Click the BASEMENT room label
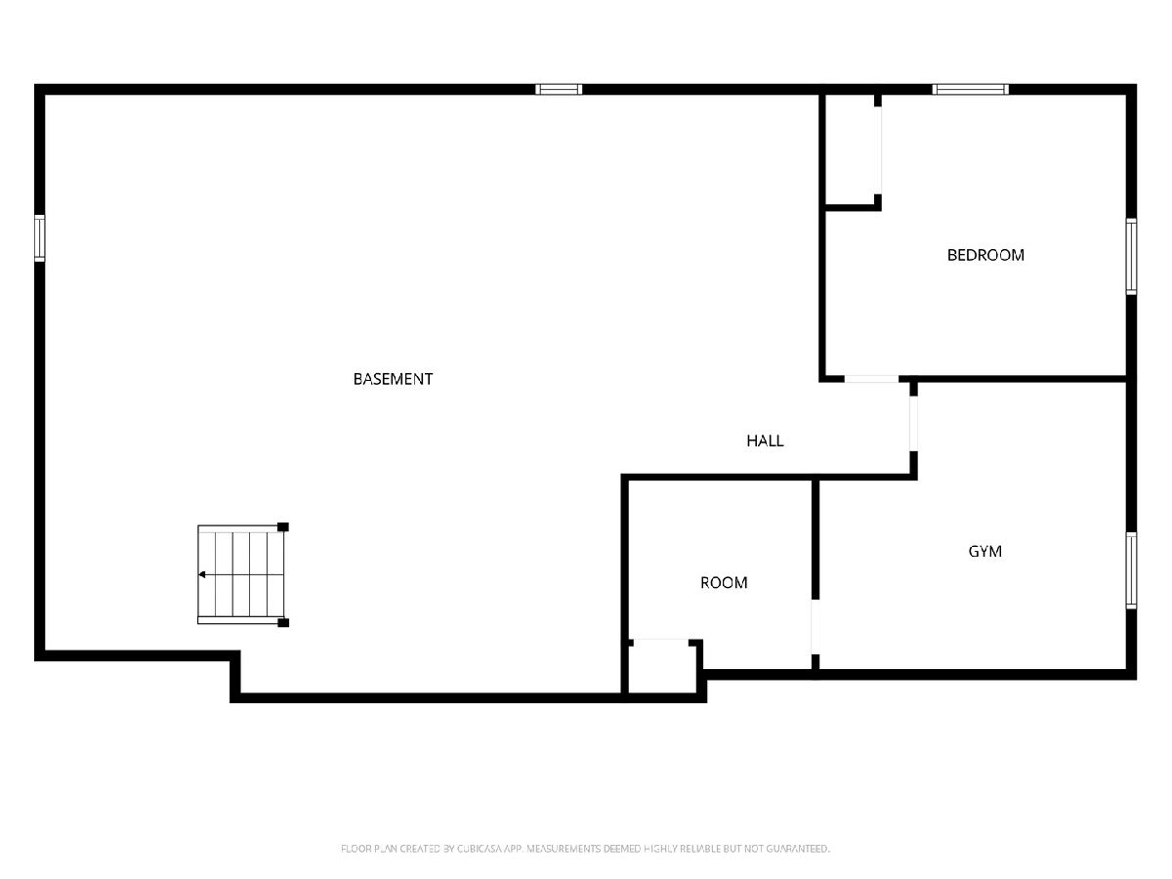pos(393,379)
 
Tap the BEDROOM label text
pos(985,255)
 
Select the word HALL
pos(765,440)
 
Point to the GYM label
pos(984,551)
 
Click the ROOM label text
pos(724,583)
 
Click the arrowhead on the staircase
pos(202,574)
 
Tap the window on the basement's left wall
pos(39,238)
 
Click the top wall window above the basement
pos(559,89)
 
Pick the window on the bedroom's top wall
pos(970,89)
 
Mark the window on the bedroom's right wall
pos(1131,256)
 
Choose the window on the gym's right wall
pos(1131,570)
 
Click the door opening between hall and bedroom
pos(871,379)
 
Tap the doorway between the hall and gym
pos(913,423)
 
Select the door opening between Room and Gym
pos(815,627)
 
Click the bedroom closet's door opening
pos(877,150)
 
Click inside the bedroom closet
pos(850,149)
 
